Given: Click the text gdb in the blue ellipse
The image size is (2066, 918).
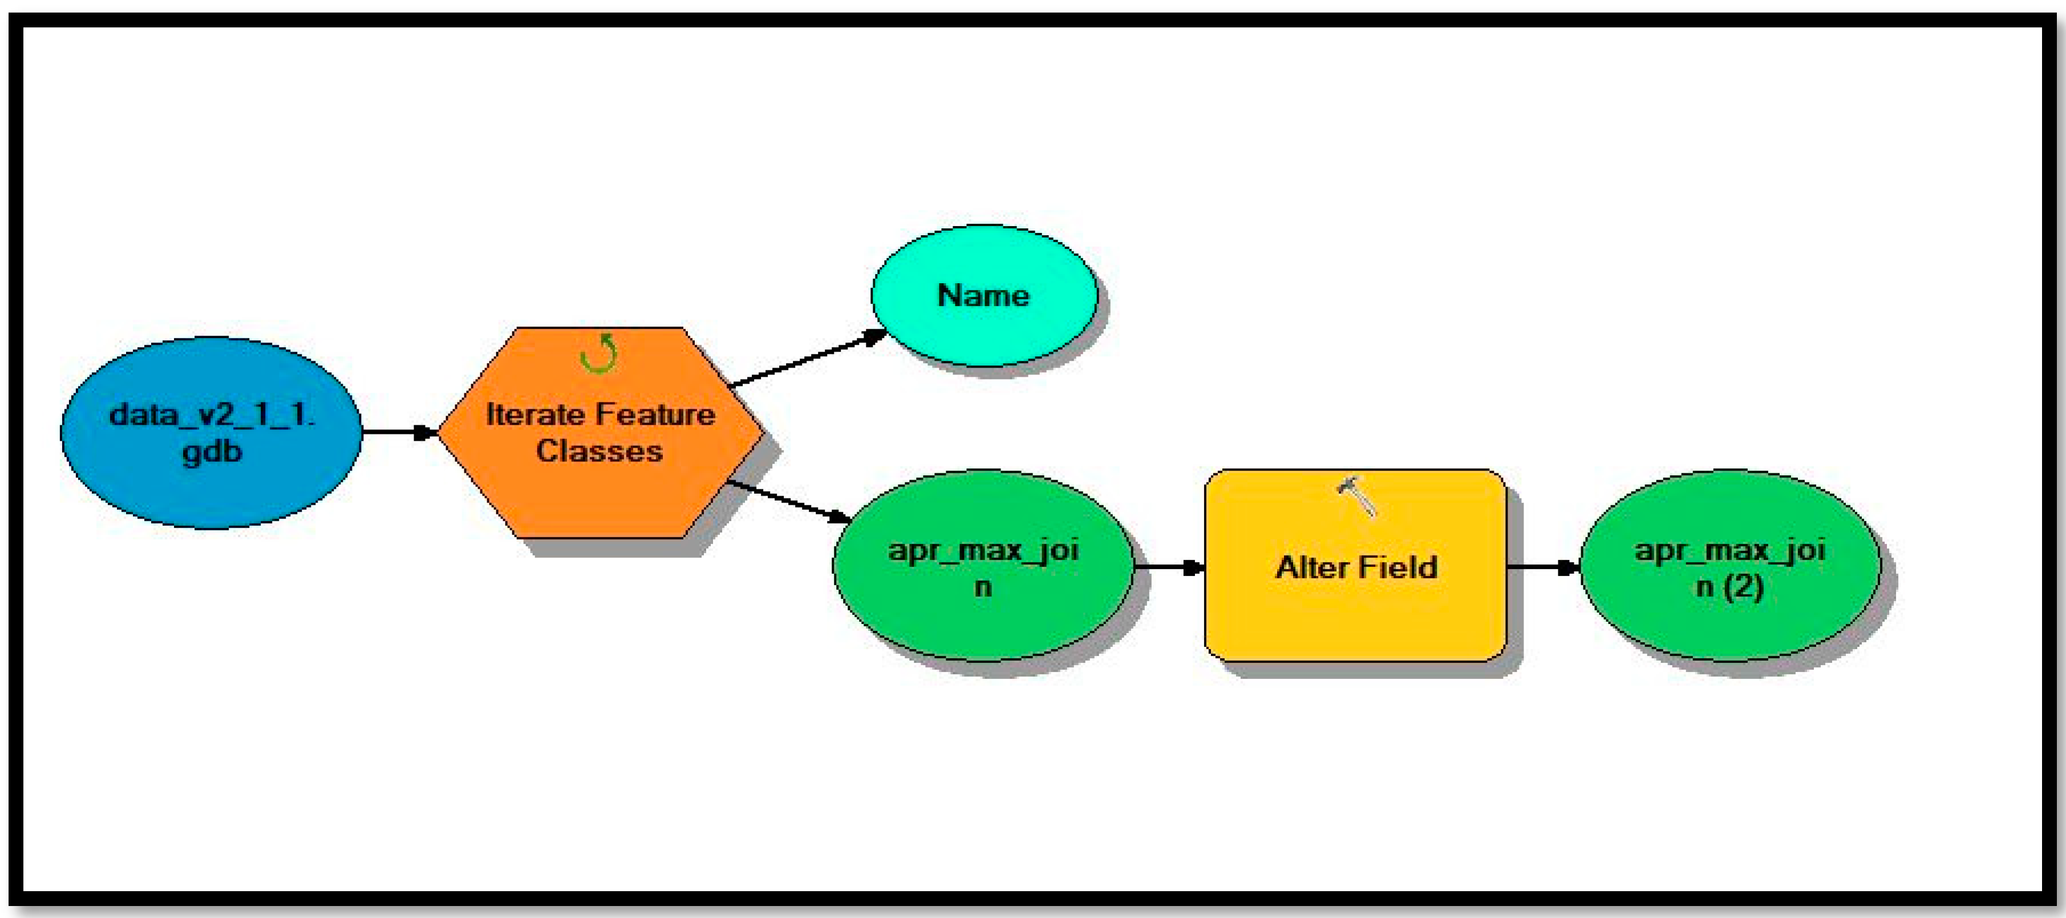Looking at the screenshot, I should tap(212, 452).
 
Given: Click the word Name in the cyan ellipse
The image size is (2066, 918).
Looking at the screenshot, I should tap(983, 295).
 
